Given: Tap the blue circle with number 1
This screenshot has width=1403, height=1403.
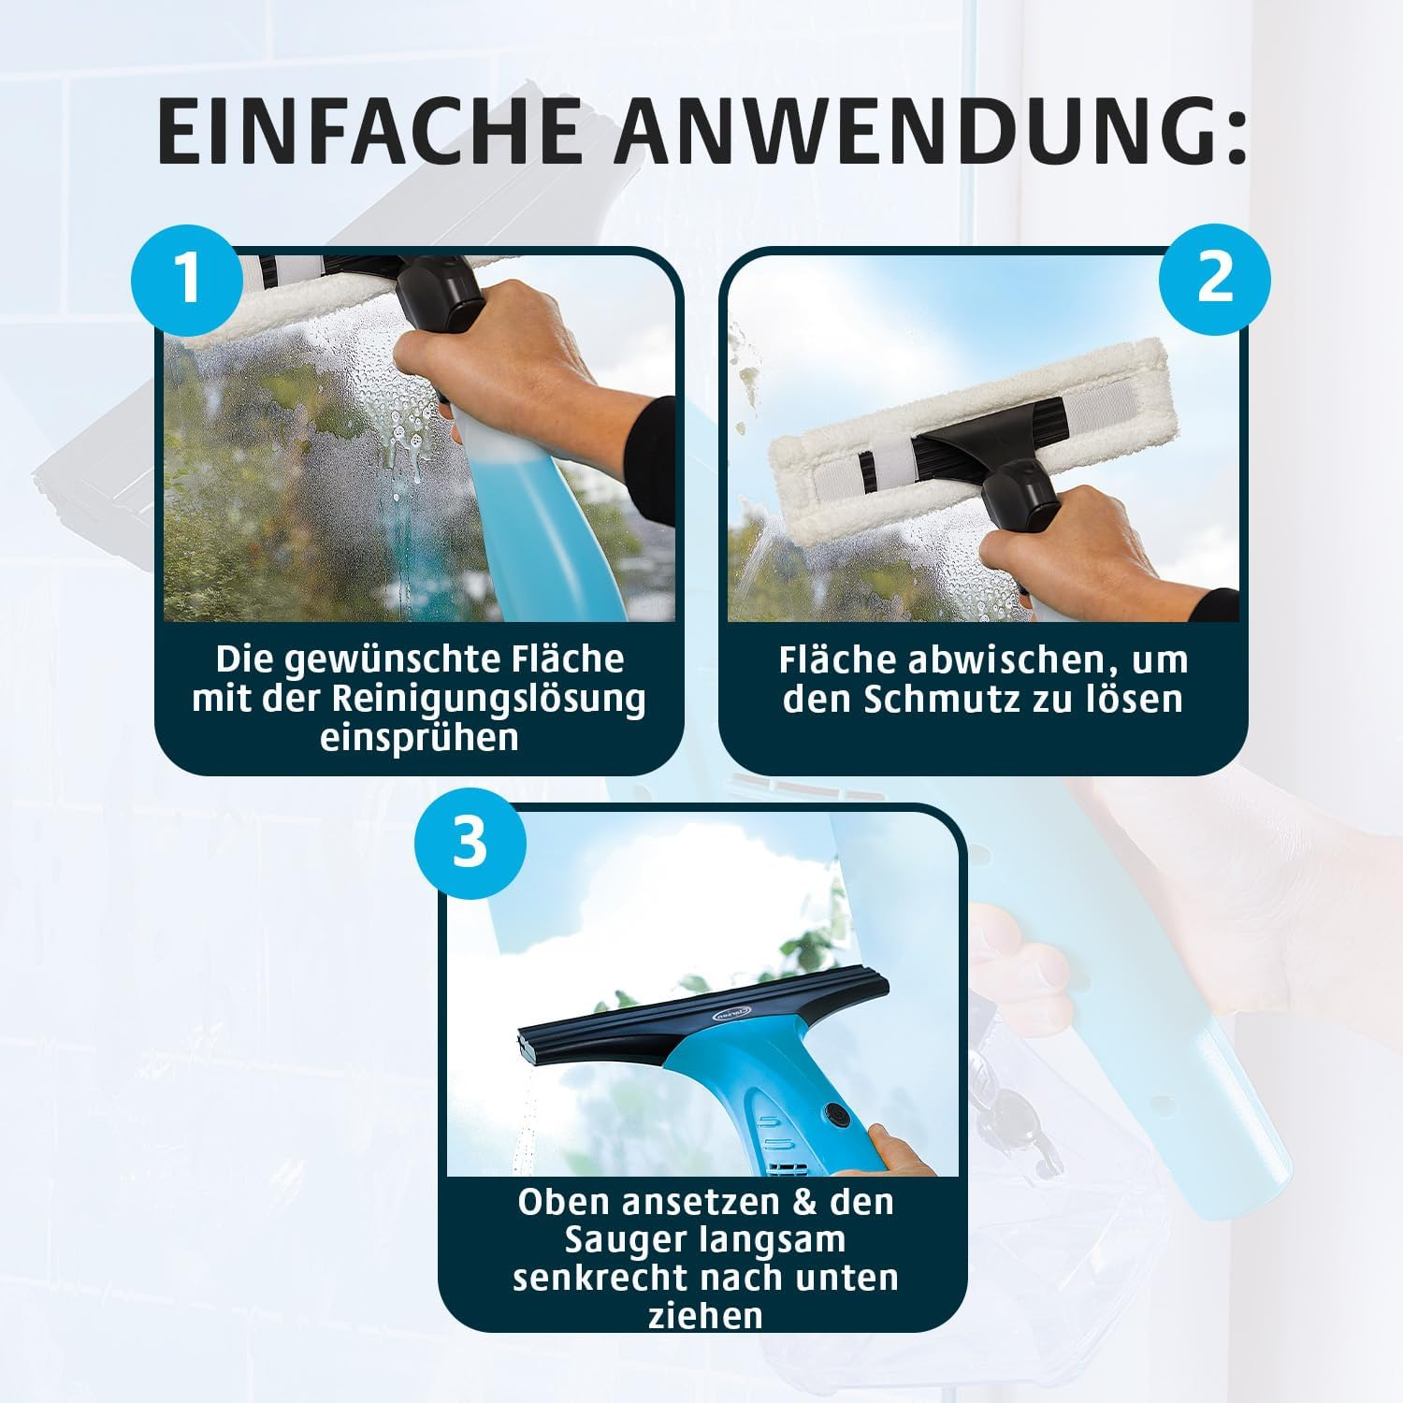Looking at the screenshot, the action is [189, 278].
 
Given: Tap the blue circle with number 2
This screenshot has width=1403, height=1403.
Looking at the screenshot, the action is [1214, 278].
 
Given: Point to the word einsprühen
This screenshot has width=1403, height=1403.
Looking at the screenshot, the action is [419, 738].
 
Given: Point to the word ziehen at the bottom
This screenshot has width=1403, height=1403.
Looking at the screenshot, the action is [703, 1317].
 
